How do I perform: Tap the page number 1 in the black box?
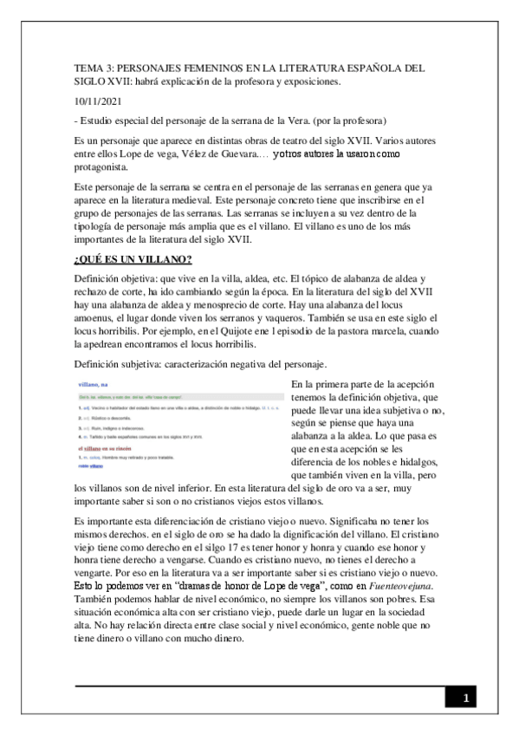tap(465, 698)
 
